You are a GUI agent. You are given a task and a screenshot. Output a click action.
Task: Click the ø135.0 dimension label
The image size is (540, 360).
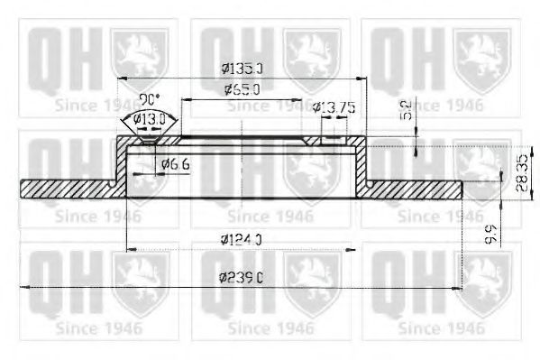[x=242, y=67]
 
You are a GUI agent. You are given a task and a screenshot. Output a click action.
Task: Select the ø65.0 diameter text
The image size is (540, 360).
[x=242, y=89]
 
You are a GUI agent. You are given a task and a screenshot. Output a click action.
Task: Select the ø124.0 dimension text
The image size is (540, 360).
[x=242, y=239]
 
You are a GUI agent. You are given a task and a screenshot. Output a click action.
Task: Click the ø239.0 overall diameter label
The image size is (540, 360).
[x=242, y=278]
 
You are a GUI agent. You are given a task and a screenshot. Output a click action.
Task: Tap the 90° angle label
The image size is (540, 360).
[x=148, y=98]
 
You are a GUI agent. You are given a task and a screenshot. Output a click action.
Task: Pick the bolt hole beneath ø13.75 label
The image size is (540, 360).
[x=313, y=141]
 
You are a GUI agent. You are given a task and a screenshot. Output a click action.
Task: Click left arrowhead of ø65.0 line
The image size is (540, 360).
[x=183, y=98]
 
